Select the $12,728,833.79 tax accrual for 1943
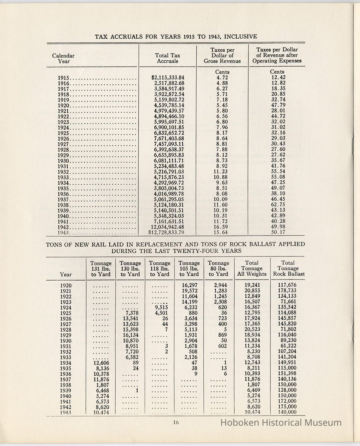click(x=166, y=233)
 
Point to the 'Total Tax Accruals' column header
click(x=167, y=58)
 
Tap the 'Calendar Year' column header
click(x=63, y=58)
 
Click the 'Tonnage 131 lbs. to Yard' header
click(x=101, y=268)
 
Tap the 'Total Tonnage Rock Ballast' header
click(x=288, y=268)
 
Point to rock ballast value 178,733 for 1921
click(x=288, y=291)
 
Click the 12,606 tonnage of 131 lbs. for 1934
click(x=100, y=363)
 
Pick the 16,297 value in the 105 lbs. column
click(x=189, y=285)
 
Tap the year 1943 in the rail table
click(x=66, y=412)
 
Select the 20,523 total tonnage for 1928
click(x=252, y=330)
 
